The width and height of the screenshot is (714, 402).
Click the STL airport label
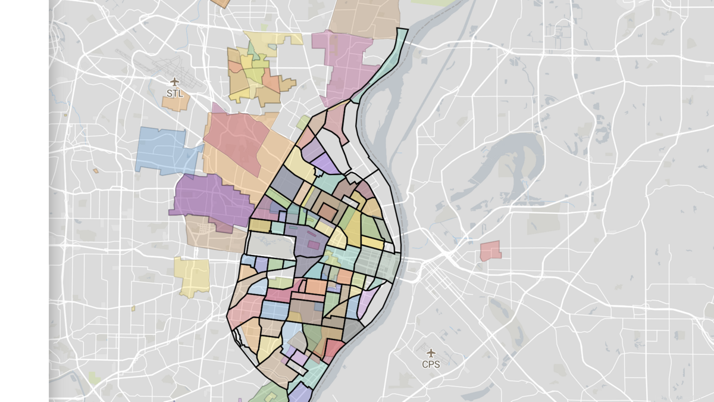[x=174, y=94]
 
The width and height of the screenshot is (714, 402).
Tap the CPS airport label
[x=431, y=364]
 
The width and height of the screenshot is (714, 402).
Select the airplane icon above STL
[x=174, y=82]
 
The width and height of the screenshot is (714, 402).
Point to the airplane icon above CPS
[x=431, y=353]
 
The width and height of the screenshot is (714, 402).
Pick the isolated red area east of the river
[x=490, y=251]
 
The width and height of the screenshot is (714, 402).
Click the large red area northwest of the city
[x=235, y=140]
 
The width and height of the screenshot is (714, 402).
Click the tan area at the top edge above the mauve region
[x=364, y=17]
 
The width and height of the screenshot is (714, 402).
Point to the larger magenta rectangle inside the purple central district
[x=312, y=245]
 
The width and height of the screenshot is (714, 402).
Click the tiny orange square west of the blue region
[x=95, y=171]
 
